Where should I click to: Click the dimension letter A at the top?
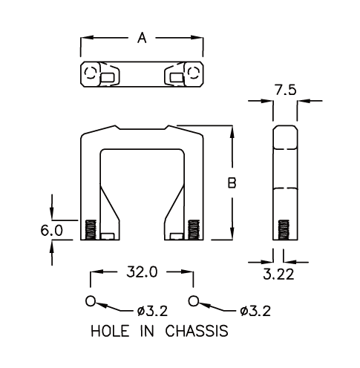(x=142, y=38)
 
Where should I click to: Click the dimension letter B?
(x=232, y=183)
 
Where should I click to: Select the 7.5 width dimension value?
(x=285, y=91)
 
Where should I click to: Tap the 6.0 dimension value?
(x=52, y=231)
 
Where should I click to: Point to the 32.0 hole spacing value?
(x=142, y=272)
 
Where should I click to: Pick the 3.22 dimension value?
(x=278, y=275)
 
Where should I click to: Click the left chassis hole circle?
(x=91, y=301)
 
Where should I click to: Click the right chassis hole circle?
(x=194, y=301)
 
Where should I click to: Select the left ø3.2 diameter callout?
(x=152, y=311)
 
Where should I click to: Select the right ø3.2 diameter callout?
(x=255, y=311)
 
